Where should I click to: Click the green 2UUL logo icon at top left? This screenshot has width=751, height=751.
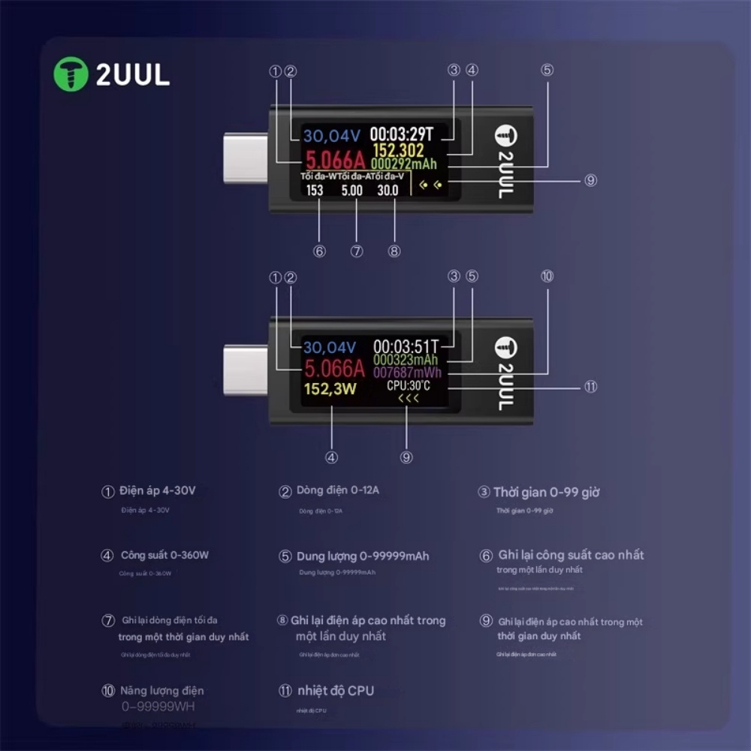[x=71, y=74]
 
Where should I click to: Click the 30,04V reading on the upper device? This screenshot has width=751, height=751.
[x=332, y=135]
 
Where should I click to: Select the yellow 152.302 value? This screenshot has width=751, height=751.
[x=398, y=151]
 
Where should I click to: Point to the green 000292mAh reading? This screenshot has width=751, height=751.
[x=404, y=163]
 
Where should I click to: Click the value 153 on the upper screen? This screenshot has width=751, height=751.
[x=315, y=191]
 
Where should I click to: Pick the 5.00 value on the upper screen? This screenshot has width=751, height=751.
[x=351, y=191]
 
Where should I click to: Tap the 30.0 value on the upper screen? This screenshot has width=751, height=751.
[x=388, y=191]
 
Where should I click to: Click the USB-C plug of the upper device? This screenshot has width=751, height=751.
[x=246, y=158]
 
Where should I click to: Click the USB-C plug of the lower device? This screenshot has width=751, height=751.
[x=246, y=369]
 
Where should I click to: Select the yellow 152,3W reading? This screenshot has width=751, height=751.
[x=330, y=389]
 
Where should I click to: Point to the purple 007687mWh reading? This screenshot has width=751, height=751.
[x=408, y=372]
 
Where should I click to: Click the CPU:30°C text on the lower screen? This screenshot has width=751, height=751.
[x=409, y=385]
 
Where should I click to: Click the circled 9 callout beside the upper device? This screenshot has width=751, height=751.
[x=591, y=180]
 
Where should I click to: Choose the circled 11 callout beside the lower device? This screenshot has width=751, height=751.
[x=591, y=387]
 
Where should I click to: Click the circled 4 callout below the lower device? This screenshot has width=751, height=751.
[x=331, y=457]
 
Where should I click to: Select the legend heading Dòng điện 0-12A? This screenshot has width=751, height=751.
[x=338, y=490]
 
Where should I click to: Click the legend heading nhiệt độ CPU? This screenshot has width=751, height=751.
[x=335, y=691]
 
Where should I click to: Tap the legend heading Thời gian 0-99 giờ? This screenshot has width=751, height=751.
[x=546, y=493]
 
